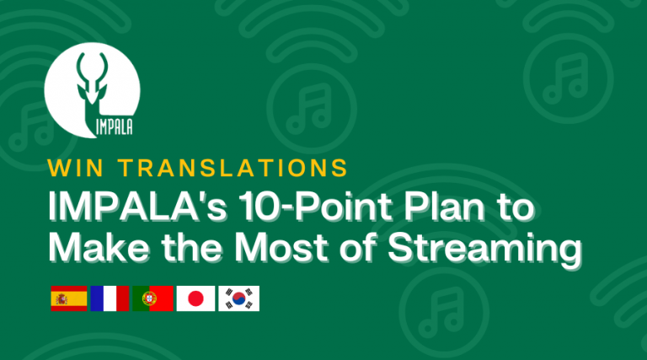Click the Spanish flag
pos(69,299)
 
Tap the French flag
pos(110,299)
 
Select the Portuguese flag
pos(152,299)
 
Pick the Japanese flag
pos(195,299)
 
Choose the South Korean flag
pos(239,299)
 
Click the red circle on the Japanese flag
pos(195,299)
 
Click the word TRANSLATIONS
pos(232,166)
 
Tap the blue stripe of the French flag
pos(96,299)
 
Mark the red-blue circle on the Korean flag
pos(239,299)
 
